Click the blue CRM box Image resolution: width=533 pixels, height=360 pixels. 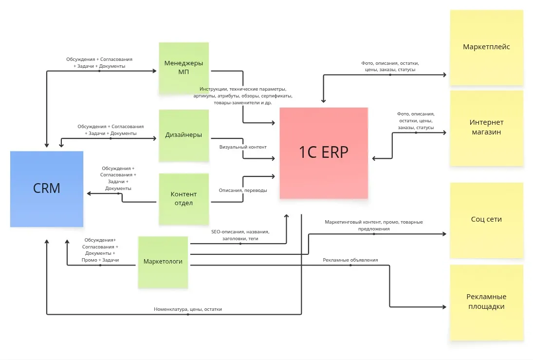[x=47, y=189]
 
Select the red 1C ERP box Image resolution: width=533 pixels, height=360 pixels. [x=324, y=152]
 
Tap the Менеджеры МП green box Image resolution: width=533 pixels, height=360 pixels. [x=184, y=68]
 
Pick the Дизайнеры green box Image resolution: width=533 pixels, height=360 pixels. [x=184, y=135]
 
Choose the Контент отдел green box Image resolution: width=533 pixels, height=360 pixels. [x=184, y=199]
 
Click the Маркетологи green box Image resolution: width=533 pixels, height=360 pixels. [x=163, y=262]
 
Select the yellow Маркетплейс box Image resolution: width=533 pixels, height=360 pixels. [x=486, y=47]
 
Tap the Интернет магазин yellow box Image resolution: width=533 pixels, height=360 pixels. [x=486, y=127]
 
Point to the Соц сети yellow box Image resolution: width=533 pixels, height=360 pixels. [x=486, y=220]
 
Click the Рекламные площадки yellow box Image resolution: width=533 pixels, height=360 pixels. [x=486, y=302]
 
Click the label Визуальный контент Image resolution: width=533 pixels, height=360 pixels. [x=243, y=147]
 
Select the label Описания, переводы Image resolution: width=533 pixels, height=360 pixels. [x=243, y=190]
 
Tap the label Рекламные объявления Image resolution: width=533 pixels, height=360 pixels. [x=350, y=260]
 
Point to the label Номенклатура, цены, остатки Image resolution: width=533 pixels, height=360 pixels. [x=188, y=309]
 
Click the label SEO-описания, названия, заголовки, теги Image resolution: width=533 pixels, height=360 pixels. [x=240, y=235]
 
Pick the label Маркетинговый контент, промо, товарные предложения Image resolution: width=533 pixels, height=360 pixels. [x=374, y=225]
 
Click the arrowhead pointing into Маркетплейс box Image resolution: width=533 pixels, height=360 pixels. [x=444, y=75]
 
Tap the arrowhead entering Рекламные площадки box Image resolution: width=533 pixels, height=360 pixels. [x=444, y=307]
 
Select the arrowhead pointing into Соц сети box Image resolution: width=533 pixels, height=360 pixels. [x=444, y=234]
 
